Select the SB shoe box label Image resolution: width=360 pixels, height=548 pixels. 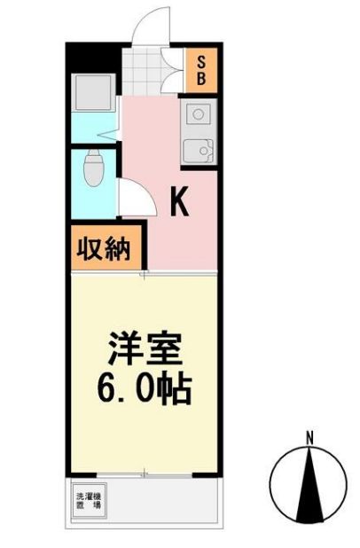[x=201, y=69]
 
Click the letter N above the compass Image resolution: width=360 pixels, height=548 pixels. [x=309, y=437]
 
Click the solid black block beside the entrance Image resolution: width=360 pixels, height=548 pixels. [x=93, y=55]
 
